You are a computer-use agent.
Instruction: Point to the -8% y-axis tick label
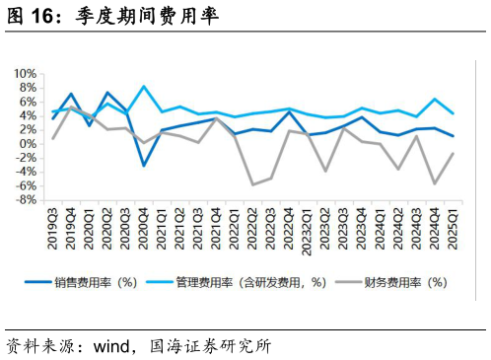click(26, 200)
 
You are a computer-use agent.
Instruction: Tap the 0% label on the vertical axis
click(29, 144)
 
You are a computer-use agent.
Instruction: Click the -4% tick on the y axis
click(26, 172)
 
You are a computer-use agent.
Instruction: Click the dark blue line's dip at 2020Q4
click(144, 165)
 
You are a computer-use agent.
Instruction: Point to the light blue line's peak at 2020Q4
click(144, 87)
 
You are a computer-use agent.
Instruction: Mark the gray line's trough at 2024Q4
click(434, 183)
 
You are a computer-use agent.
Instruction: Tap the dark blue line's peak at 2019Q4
click(71, 94)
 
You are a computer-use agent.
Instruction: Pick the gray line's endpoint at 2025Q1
click(452, 153)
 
